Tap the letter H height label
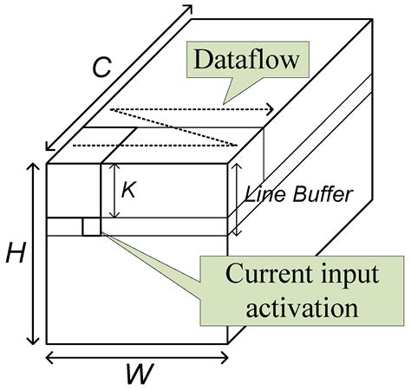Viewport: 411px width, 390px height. pos(15,254)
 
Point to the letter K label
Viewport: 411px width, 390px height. pos(128,190)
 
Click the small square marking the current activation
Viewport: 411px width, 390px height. pos(91,227)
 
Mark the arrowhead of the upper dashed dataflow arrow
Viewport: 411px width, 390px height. pos(273,109)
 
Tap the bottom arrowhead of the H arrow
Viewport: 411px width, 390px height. pos(33,342)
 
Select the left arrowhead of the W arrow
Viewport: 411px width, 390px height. pos(48,356)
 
